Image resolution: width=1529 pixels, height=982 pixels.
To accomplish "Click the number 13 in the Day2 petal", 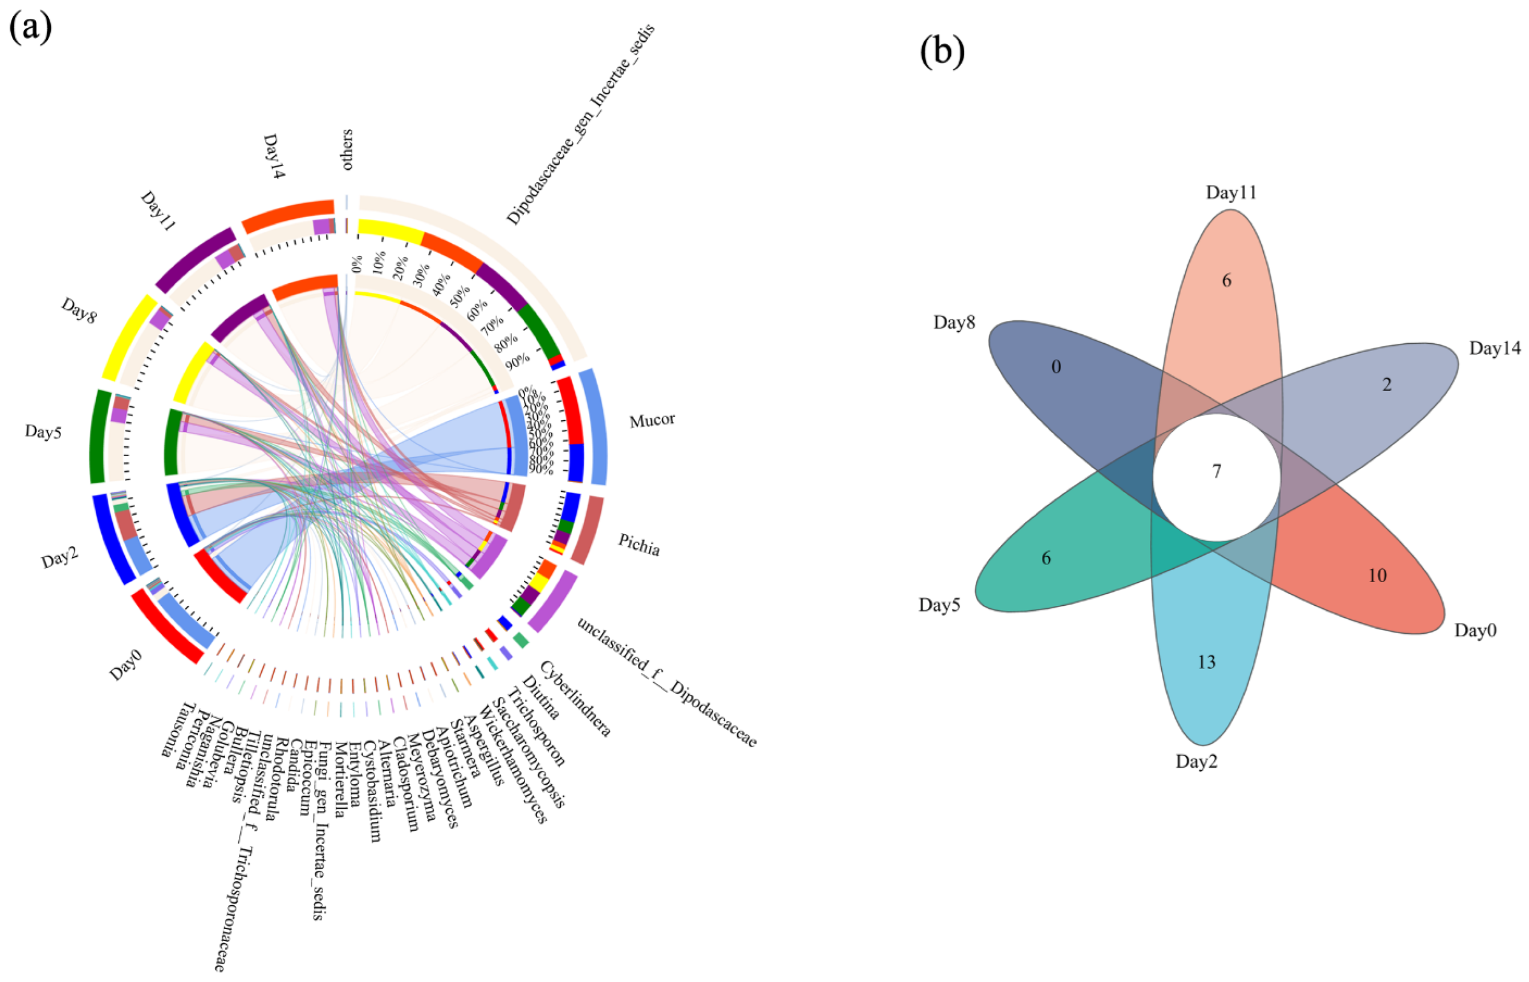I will (x=1206, y=662).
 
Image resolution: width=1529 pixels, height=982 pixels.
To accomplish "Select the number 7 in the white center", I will (x=1217, y=471).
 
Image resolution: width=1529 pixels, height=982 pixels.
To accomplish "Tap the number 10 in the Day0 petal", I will (x=1377, y=575).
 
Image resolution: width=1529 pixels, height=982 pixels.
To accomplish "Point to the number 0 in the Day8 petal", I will (x=1056, y=366).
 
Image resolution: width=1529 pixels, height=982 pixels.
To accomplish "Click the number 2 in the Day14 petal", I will (x=1386, y=385).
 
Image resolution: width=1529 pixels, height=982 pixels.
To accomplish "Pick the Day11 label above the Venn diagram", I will (x=1230, y=193).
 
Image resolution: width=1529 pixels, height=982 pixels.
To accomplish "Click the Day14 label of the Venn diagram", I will (x=1495, y=348).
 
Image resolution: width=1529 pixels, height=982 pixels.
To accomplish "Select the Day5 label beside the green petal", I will (x=939, y=605).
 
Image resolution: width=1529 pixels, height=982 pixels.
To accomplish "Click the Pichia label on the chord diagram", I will (x=639, y=545).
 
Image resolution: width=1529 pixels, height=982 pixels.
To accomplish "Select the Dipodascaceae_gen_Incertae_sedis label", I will (x=580, y=124).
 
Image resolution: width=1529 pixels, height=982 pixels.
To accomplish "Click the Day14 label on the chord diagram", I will (x=274, y=156).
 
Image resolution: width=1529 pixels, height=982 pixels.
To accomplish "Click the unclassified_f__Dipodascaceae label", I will (x=666, y=682).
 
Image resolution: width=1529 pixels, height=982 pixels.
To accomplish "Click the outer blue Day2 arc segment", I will (x=113, y=537).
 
